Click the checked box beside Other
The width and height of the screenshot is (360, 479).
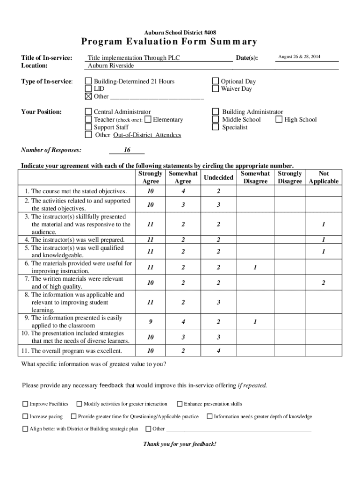[88, 96]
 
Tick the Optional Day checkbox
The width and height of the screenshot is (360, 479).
[216, 81]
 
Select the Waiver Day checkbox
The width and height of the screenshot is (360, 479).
[216, 89]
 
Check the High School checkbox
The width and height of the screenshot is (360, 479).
[279, 119]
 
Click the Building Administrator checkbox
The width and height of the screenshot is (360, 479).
[216, 112]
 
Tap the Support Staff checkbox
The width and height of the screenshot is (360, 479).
[88, 127]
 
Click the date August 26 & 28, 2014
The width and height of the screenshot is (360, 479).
[299, 57]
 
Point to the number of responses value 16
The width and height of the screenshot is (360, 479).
[127, 150]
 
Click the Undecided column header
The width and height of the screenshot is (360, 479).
[218, 177]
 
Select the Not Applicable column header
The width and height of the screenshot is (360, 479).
[324, 177]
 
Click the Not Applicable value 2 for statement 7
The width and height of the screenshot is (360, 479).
[323, 283]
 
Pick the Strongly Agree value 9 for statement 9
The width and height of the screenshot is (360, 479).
[150, 322]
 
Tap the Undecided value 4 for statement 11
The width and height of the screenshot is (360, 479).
[218, 351]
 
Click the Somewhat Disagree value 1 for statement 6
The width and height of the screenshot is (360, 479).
[255, 268]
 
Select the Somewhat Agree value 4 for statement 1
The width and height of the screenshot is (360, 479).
[183, 191]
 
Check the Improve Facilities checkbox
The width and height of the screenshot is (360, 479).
[25, 404]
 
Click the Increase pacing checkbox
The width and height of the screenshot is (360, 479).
[25, 417]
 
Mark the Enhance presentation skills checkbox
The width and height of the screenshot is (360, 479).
[180, 404]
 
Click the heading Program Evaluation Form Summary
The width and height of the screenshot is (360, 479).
[169, 42]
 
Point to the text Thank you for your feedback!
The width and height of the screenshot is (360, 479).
[180, 444]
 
